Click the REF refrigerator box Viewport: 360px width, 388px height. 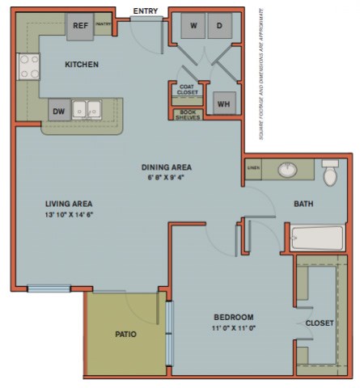click(x=80, y=26)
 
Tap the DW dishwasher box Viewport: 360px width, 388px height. click(x=59, y=111)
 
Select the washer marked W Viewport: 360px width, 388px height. click(x=193, y=26)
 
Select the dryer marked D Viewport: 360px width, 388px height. click(x=218, y=26)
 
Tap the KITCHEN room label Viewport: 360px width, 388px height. click(x=82, y=64)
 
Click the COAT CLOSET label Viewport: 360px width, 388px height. click(x=186, y=91)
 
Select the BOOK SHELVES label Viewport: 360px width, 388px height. click(x=186, y=115)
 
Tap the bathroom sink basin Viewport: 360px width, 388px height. click(x=289, y=171)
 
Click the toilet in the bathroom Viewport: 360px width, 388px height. click(x=329, y=173)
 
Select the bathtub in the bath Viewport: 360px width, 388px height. click(x=319, y=238)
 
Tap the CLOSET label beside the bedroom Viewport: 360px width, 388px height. click(x=320, y=323)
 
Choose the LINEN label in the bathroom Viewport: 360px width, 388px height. click(x=253, y=168)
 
